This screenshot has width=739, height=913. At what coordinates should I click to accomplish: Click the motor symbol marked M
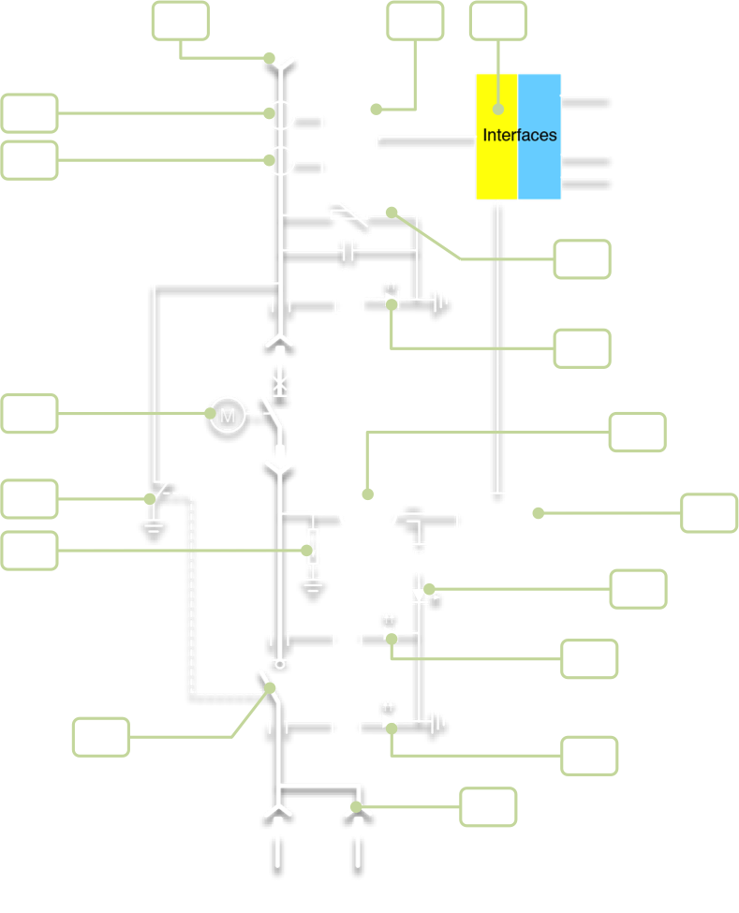click(x=227, y=414)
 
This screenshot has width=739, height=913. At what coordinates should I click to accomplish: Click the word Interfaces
click(x=520, y=136)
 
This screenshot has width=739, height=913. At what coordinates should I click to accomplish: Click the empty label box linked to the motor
click(x=29, y=414)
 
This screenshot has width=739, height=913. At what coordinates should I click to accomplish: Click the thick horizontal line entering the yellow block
click(x=426, y=143)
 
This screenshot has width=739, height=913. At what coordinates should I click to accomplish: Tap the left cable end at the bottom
click(x=278, y=857)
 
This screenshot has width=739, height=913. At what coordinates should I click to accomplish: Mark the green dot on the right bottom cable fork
click(x=356, y=806)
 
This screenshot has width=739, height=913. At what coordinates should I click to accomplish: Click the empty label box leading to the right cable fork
click(x=487, y=807)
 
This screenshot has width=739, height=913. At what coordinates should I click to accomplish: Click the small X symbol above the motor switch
click(x=278, y=381)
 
